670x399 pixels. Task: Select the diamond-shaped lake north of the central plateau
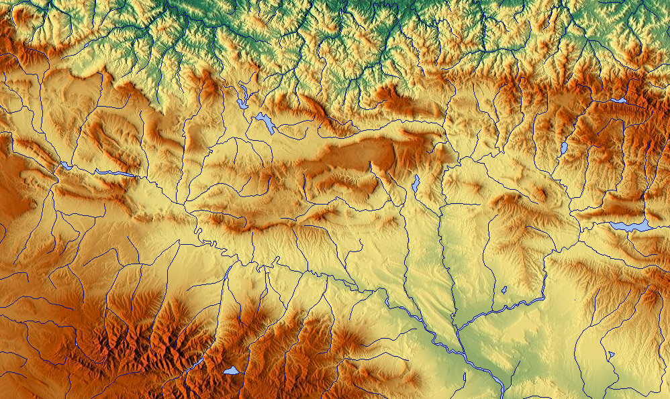pos(265,123)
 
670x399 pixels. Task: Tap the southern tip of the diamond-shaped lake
pos(271,133)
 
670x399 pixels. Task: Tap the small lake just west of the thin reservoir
pos(65,165)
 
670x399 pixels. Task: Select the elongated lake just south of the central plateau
pos(416,182)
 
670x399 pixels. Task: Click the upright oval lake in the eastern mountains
pos(564,148)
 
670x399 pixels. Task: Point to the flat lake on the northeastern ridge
pos(618,101)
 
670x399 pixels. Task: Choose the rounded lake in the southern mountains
pos(231,370)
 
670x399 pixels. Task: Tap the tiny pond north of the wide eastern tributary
pos(504,290)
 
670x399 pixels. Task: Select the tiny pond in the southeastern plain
pos(612,353)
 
